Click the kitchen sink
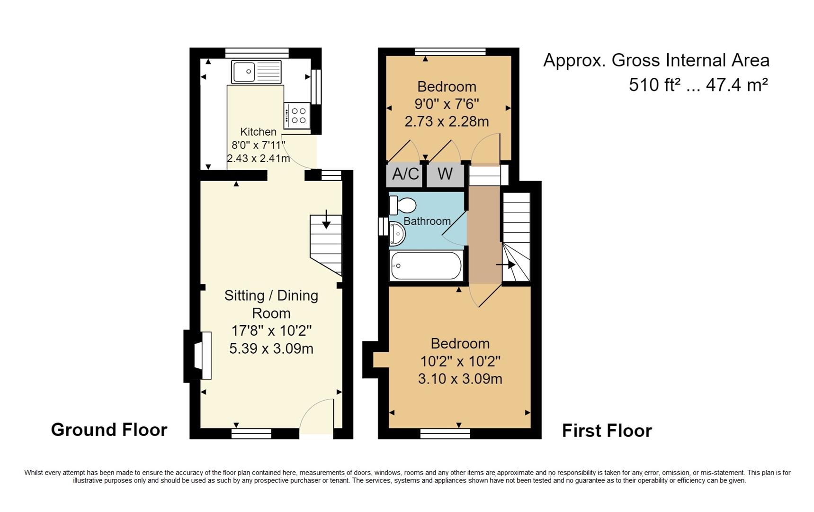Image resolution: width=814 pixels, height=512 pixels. (x=256, y=72)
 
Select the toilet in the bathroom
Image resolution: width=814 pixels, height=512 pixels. (x=402, y=205)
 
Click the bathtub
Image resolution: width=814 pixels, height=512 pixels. (x=426, y=265)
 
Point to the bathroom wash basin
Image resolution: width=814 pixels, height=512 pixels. (x=397, y=234)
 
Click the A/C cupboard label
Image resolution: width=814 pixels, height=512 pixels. (x=405, y=174)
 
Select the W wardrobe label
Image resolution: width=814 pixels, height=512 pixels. (x=445, y=174)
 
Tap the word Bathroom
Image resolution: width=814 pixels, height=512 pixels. (x=427, y=221)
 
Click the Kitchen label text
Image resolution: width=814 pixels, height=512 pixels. (x=258, y=132)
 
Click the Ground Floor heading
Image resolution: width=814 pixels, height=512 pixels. (x=109, y=430)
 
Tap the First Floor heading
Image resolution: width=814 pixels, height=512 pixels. (x=607, y=430)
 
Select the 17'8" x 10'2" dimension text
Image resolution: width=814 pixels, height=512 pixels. (x=271, y=330)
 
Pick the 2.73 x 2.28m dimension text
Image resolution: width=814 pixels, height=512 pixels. (x=447, y=121)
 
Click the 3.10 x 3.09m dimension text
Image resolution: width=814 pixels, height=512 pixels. (x=460, y=379)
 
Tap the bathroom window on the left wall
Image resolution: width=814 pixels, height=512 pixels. (x=383, y=226)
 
